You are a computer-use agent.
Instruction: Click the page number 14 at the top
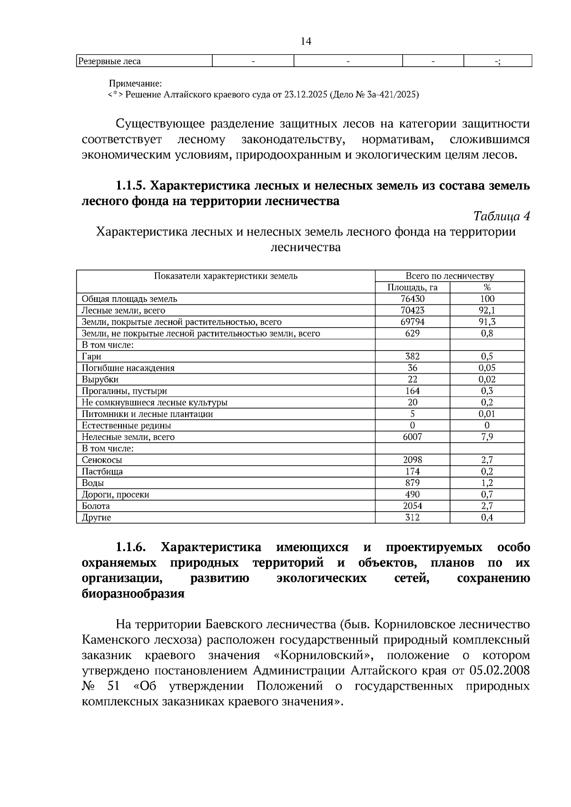pyautogui.click(x=306, y=42)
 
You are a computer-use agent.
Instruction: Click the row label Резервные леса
pyautogui.click(x=109, y=61)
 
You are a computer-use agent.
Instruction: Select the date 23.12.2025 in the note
pyautogui.click(x=305, y=95)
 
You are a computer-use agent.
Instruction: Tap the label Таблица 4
pyautogui.click(x=502, y=216)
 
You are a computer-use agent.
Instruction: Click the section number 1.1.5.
pyautogui.click(x=130, y=185)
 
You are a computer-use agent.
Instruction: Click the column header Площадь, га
pyautogui.click(x=412, y=287)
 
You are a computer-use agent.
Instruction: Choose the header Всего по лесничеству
pyautogui.click(x=449, y=276)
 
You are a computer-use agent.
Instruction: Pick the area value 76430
pyautogui.click(x=412, y=299)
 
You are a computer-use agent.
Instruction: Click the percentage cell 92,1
pyautogui.click(x=487, y=311)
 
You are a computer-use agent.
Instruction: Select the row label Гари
pyautogui.click(x=91, y=356)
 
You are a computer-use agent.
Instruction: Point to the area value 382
pyautogui.click(x=412, y=356)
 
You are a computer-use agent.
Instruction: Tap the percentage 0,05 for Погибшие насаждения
pyautogui.click(x=487, y=368)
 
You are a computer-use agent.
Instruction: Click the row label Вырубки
pyautogui.click(x=100, y=379)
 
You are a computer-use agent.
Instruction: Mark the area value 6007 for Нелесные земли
pyautogui.click(x=412, y=437)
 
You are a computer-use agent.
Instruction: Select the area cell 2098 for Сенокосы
pyautogui.click(x=412, y=460)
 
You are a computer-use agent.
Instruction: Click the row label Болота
pyautogui.click(x=96, y=506)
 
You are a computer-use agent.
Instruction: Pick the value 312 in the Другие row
pyautogui.click(x=412, y=517)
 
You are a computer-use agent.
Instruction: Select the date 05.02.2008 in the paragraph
pyautogui.click(x=499, y=671)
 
